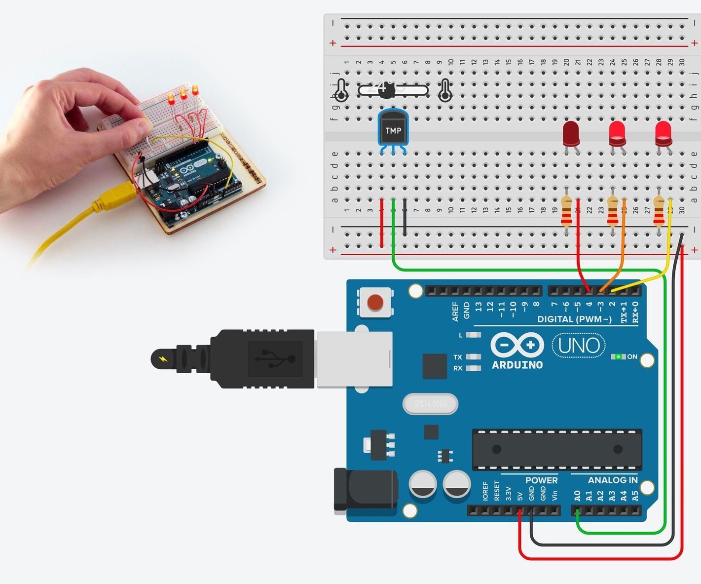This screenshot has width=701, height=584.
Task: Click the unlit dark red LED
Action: click(571, 133)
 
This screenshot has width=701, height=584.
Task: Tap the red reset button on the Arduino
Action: click(375, 302)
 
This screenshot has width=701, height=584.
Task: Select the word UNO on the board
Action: click(579, 346)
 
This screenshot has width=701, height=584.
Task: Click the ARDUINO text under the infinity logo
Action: click(517, 365)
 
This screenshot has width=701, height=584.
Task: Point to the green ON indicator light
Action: click(618, 356)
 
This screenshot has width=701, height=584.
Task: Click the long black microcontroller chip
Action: click(557, 449)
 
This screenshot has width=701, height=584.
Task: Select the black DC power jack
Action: click(366, 490)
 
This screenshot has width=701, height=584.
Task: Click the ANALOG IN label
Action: click(612, 480)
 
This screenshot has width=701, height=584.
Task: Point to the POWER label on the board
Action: click(541, 480)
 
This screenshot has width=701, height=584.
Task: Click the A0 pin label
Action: click(577, 496)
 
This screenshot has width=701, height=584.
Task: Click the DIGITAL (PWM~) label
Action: click(574, 319)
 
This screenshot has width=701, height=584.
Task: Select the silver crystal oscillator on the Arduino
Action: click(430, 404)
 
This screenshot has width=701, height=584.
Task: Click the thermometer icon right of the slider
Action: click(445, 90)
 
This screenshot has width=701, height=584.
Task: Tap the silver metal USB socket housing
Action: click(354, 359)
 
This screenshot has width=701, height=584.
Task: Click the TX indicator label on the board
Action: click(458, 357)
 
